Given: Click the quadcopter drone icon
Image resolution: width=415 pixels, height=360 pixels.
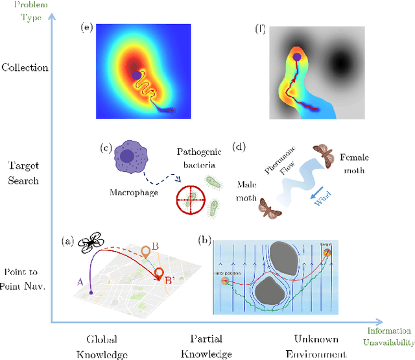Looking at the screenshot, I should (x=91, y=243).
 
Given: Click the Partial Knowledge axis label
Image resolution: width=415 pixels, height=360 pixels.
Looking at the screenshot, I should (x=211, y=346).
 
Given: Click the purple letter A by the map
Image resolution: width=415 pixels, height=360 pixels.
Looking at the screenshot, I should (x=80, y=282).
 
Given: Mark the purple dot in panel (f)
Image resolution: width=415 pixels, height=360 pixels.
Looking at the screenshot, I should (x=296, y=57).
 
